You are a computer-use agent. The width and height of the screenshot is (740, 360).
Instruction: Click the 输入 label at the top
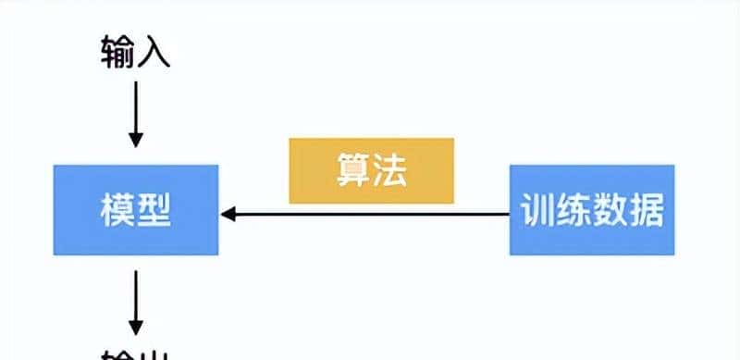tap(135, 53)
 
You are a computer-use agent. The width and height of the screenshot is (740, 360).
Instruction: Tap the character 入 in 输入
tap(154, 53)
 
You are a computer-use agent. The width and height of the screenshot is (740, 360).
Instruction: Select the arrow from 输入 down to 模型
tap(135, 111)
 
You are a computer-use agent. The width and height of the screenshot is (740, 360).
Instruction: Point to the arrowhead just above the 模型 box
tap(135, 140)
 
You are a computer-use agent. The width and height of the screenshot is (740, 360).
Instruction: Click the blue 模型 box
tap(135, 210)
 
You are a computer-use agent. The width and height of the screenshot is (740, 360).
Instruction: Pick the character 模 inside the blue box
tap(117, 211)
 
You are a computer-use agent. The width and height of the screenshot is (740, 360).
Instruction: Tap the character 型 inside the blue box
tap(154, 211)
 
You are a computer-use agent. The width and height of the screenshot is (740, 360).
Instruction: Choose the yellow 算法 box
tap(371, 170)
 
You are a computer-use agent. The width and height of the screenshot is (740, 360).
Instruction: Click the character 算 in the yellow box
tap(352, 170)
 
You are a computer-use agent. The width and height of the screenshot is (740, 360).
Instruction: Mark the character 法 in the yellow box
tap(390, 170)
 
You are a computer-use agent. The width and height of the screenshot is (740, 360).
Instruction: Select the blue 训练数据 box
tap(592, 210)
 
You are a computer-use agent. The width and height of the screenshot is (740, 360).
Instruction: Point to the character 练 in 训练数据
tap(573, 211)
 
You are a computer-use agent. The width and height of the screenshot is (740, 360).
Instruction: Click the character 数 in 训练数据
tap(610, 211)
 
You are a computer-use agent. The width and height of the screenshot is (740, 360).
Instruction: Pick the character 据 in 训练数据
tap(647, 211)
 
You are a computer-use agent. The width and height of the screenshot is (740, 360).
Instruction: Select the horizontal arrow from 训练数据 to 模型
tap(370, 215)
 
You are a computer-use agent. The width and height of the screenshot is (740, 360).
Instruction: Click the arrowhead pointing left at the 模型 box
tap(228, 215)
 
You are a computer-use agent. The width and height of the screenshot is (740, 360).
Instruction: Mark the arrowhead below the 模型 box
tap(135, 328)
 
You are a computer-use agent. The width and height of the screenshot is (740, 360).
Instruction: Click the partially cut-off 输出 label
tap(135, 354)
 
